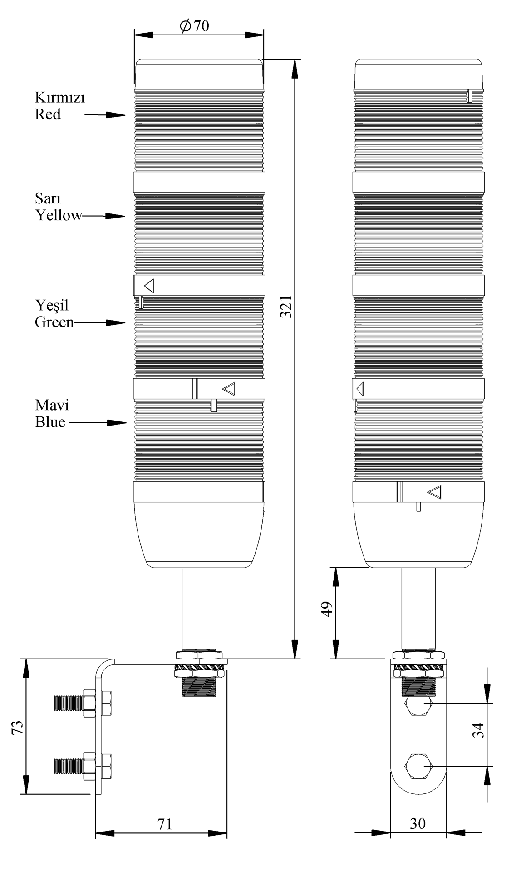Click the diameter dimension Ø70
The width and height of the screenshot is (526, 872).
pyautogui.click(x=195, y=26)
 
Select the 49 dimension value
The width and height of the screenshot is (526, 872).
pyautogui.click(x=327, y=609)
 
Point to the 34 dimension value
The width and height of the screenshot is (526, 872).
pyautogui.click(x=478, y=730)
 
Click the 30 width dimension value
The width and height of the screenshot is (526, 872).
pyautogui.click(x=418, y=823)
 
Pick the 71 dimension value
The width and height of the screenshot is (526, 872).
pyautogui.click(x=165, y=824)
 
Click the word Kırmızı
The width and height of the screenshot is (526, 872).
pyautogui.click(x=60, y=98)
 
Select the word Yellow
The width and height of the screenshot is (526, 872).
pyautogui.click(x=59, y=215)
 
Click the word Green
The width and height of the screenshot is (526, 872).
pyautogui.click(x=54, y=322)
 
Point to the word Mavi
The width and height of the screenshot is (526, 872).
pyautogui.click(x=52, y=405)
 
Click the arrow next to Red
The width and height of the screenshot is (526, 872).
pyautogui.click(x=105, y=115)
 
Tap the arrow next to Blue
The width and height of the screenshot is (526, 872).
pyautogui.click(x=98, y=423)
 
